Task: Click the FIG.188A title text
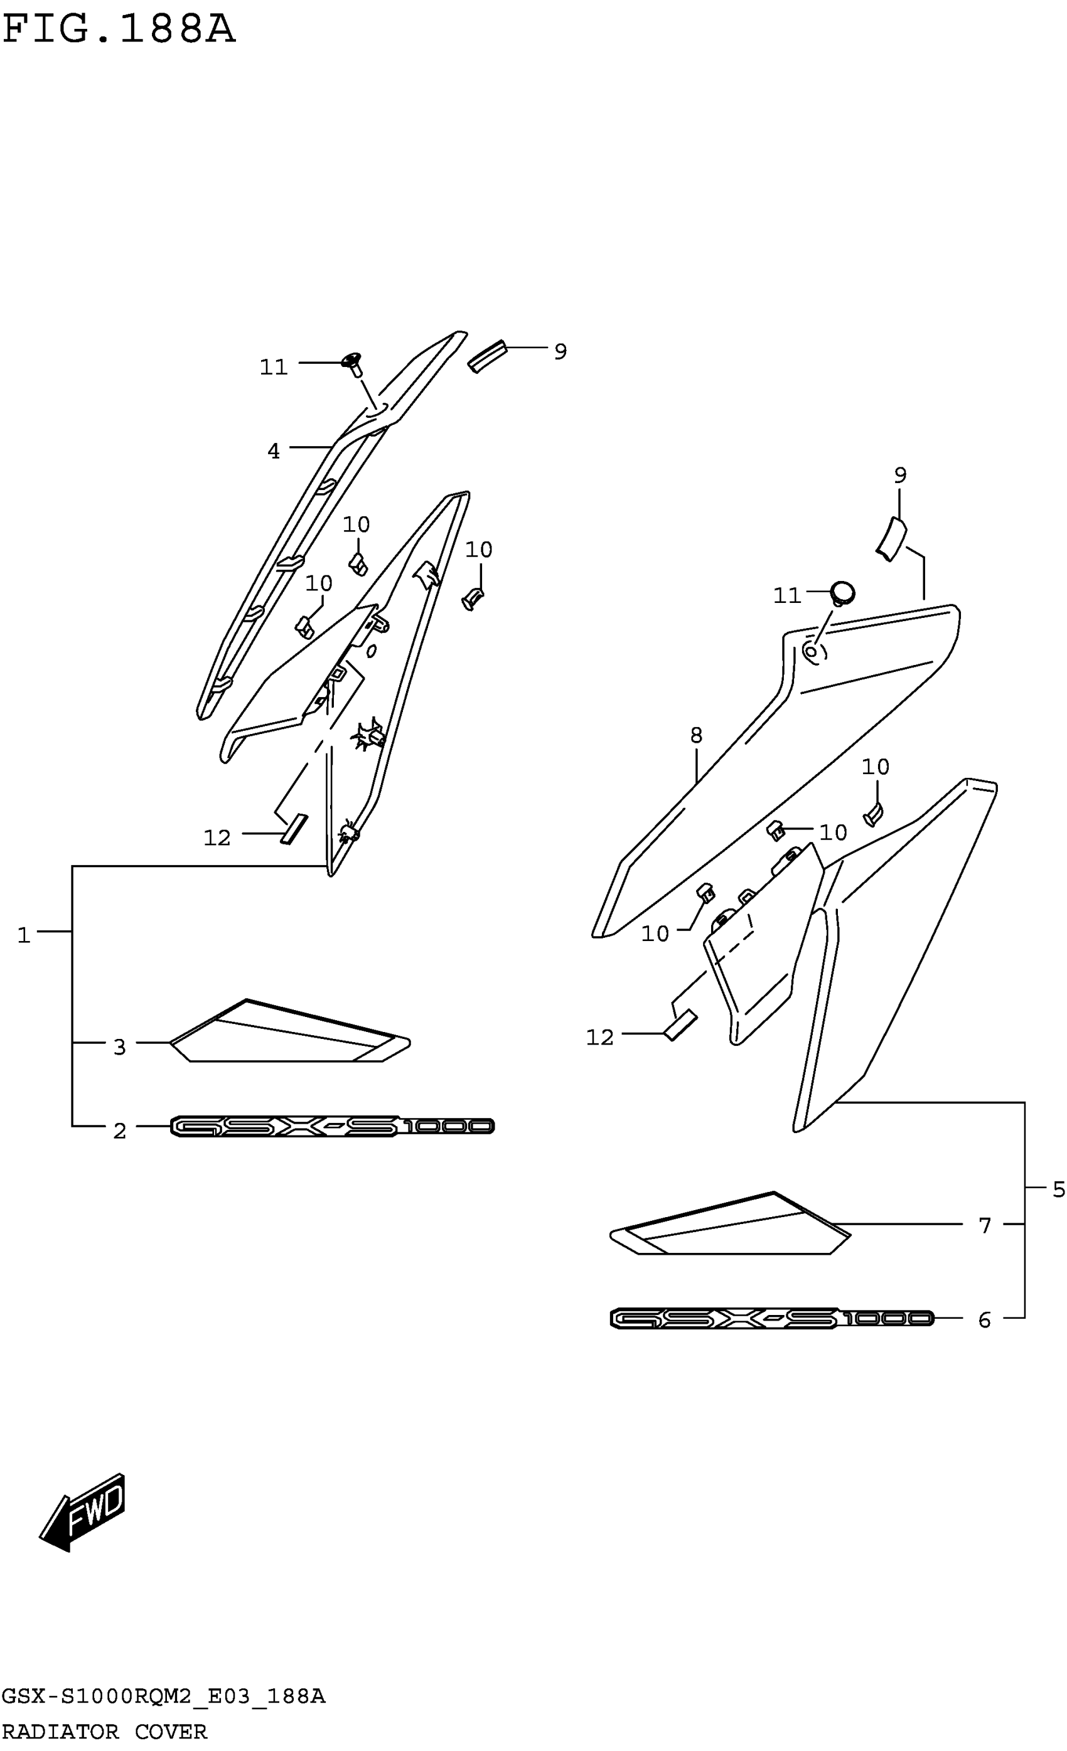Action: click(118, 31)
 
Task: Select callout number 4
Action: click(274, 451)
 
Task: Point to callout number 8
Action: click(696, 735)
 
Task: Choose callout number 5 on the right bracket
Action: click(1058, 1190)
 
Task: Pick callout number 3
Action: click(119, 1046)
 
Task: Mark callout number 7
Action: click(985, 1226)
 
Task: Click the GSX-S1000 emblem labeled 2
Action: click(332, 1126)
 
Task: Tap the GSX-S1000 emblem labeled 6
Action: click(771, 1319)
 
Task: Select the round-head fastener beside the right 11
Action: click(842, 593)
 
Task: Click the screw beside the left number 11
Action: click(353, 363)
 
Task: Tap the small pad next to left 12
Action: click(294, 829)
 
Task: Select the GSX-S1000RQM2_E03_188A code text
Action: click(163, 1696)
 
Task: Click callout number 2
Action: click(119, 1131)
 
